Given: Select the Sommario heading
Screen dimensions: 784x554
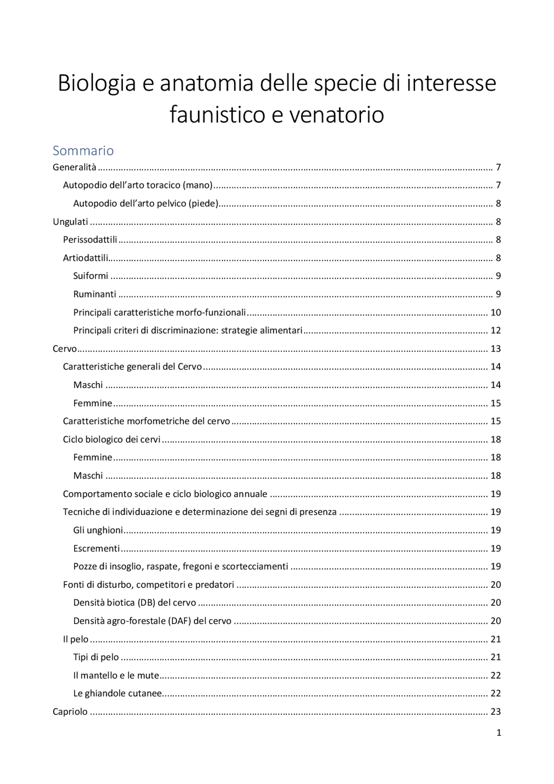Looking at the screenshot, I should point(83,151).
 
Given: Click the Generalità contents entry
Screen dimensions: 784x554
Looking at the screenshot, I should point(74,168).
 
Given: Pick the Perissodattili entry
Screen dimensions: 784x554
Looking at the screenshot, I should point(90,240).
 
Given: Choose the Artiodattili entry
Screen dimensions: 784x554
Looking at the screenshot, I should point(86,258).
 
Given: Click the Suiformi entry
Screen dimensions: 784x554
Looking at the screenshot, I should point(90,276).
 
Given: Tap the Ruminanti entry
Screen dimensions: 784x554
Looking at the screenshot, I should point(95,294).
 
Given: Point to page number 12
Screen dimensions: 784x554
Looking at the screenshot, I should point(496,331).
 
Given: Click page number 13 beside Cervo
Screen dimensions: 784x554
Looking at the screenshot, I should point(496,349).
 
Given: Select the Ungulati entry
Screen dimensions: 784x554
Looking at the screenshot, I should point(71,222).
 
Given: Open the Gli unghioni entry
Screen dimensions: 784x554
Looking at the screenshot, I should point(98,530).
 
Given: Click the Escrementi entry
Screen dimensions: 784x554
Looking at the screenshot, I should point(97,548).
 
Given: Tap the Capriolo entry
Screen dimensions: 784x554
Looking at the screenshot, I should point(70,712).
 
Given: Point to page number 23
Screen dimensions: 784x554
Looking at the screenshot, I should point(496,712).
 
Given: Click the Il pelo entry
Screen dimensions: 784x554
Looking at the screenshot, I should point(76,639).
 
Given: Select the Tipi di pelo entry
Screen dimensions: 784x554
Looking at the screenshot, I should point(96,657).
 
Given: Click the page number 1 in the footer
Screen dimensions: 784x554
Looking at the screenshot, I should point(499,733).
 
